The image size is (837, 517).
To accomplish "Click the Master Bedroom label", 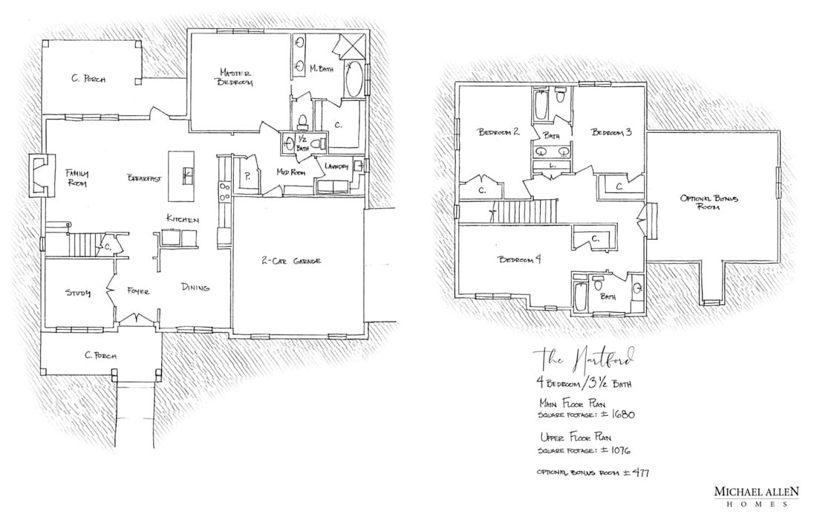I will [x=235, y=77].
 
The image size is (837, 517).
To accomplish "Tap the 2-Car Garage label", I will [x=291, y=261].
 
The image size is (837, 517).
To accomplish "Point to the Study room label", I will [x=77, y=293].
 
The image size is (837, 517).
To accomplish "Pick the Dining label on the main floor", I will [x=195, y=287].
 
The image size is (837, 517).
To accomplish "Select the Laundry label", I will [x=335, y=166].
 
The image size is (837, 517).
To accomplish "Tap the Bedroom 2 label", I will [x=498, y=132].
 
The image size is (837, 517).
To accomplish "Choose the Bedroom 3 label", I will [x=611, y=132].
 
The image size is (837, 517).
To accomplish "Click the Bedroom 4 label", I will [x=519, y=259].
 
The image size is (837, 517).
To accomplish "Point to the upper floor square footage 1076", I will [x=619, y=450].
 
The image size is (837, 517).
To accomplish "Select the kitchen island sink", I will [x=187, y=175].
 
